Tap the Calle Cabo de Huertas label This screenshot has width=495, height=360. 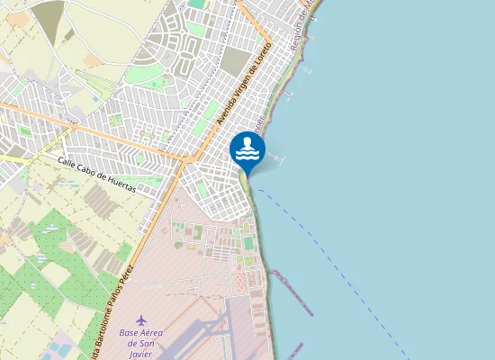pyautogui.click(x=96, y=175)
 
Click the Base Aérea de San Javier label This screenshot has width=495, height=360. pyautogui.click(x=140, y=343)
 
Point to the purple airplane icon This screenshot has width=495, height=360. pyautogui.click(x=140, y=319)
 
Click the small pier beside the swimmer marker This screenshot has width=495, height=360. pyautogui.click(x=274, y=159)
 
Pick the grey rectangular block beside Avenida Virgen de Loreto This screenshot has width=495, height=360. pyautogui.click(x=235, y=61)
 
